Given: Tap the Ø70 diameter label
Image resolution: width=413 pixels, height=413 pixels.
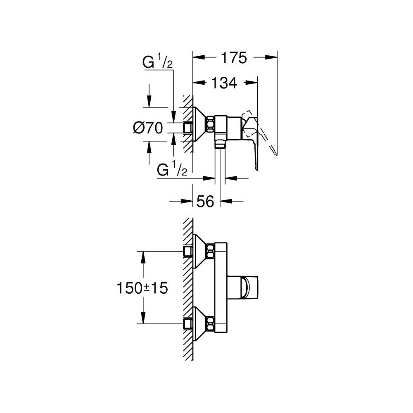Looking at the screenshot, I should tap(147, 128).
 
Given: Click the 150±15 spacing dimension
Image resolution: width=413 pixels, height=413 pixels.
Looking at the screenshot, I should tap(142, 288).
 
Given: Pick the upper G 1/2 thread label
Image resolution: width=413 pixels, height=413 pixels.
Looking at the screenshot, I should tap(157, 63).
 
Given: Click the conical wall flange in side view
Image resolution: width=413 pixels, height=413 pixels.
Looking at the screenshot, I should tap(200, 124).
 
